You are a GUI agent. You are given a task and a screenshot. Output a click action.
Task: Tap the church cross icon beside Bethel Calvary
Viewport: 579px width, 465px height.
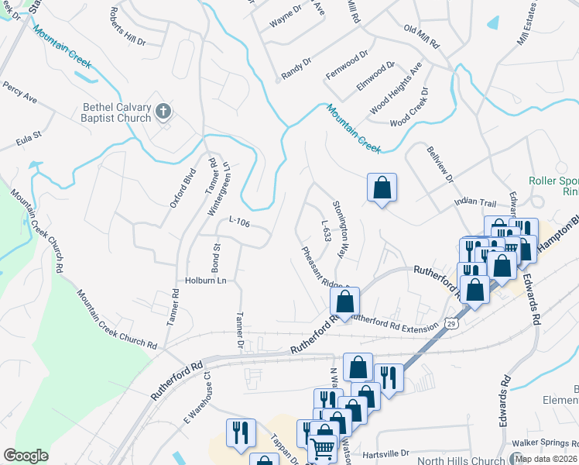(163, 112)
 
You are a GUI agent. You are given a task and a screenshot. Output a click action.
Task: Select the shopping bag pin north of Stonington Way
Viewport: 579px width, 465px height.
(382, 188)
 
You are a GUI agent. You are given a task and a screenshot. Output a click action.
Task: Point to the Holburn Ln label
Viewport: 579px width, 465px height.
(204, 281)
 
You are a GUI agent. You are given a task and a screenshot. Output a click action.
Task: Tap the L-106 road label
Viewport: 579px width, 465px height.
(238, 222)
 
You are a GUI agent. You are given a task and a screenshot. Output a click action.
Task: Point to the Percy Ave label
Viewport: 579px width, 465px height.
(20, 94)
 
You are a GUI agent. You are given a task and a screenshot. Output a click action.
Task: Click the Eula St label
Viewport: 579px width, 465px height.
(28, 143)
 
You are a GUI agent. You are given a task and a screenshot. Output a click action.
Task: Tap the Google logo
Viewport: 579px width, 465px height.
(26, 456)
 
